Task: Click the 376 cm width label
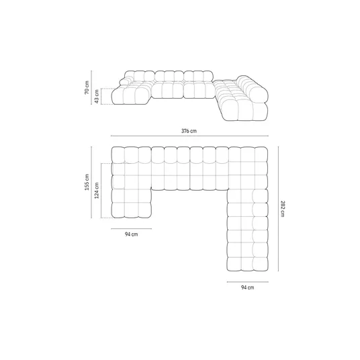click(x=189, y=131)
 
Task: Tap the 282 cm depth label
click(x=283, y=209)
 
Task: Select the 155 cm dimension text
click(x=87, y=182)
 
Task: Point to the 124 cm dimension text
click(x=97, y=191)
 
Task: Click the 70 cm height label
click(x=87, y=87)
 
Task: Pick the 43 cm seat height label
click(x=97, y=97)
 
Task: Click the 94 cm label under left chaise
click(x=132, y=234)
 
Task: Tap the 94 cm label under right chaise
click(x=247, y=287)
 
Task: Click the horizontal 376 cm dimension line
click(x=189, y=136)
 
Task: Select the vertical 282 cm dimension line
click(x=278, y=209)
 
